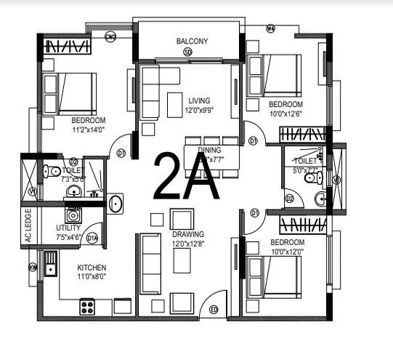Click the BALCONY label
tap(192, 41)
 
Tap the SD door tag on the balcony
tap(187, 52)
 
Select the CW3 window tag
tap(111, 35)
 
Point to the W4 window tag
tap(271, 29)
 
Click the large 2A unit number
tap(186, 177)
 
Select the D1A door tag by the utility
tap(92, 237)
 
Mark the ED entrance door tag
tap(214, 311)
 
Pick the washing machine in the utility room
tap(73, 215)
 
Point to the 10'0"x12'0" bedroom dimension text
tap(288, 252)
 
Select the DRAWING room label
tap(188, 234)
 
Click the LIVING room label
tap(198, 100)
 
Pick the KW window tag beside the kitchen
tap(33, 268)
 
